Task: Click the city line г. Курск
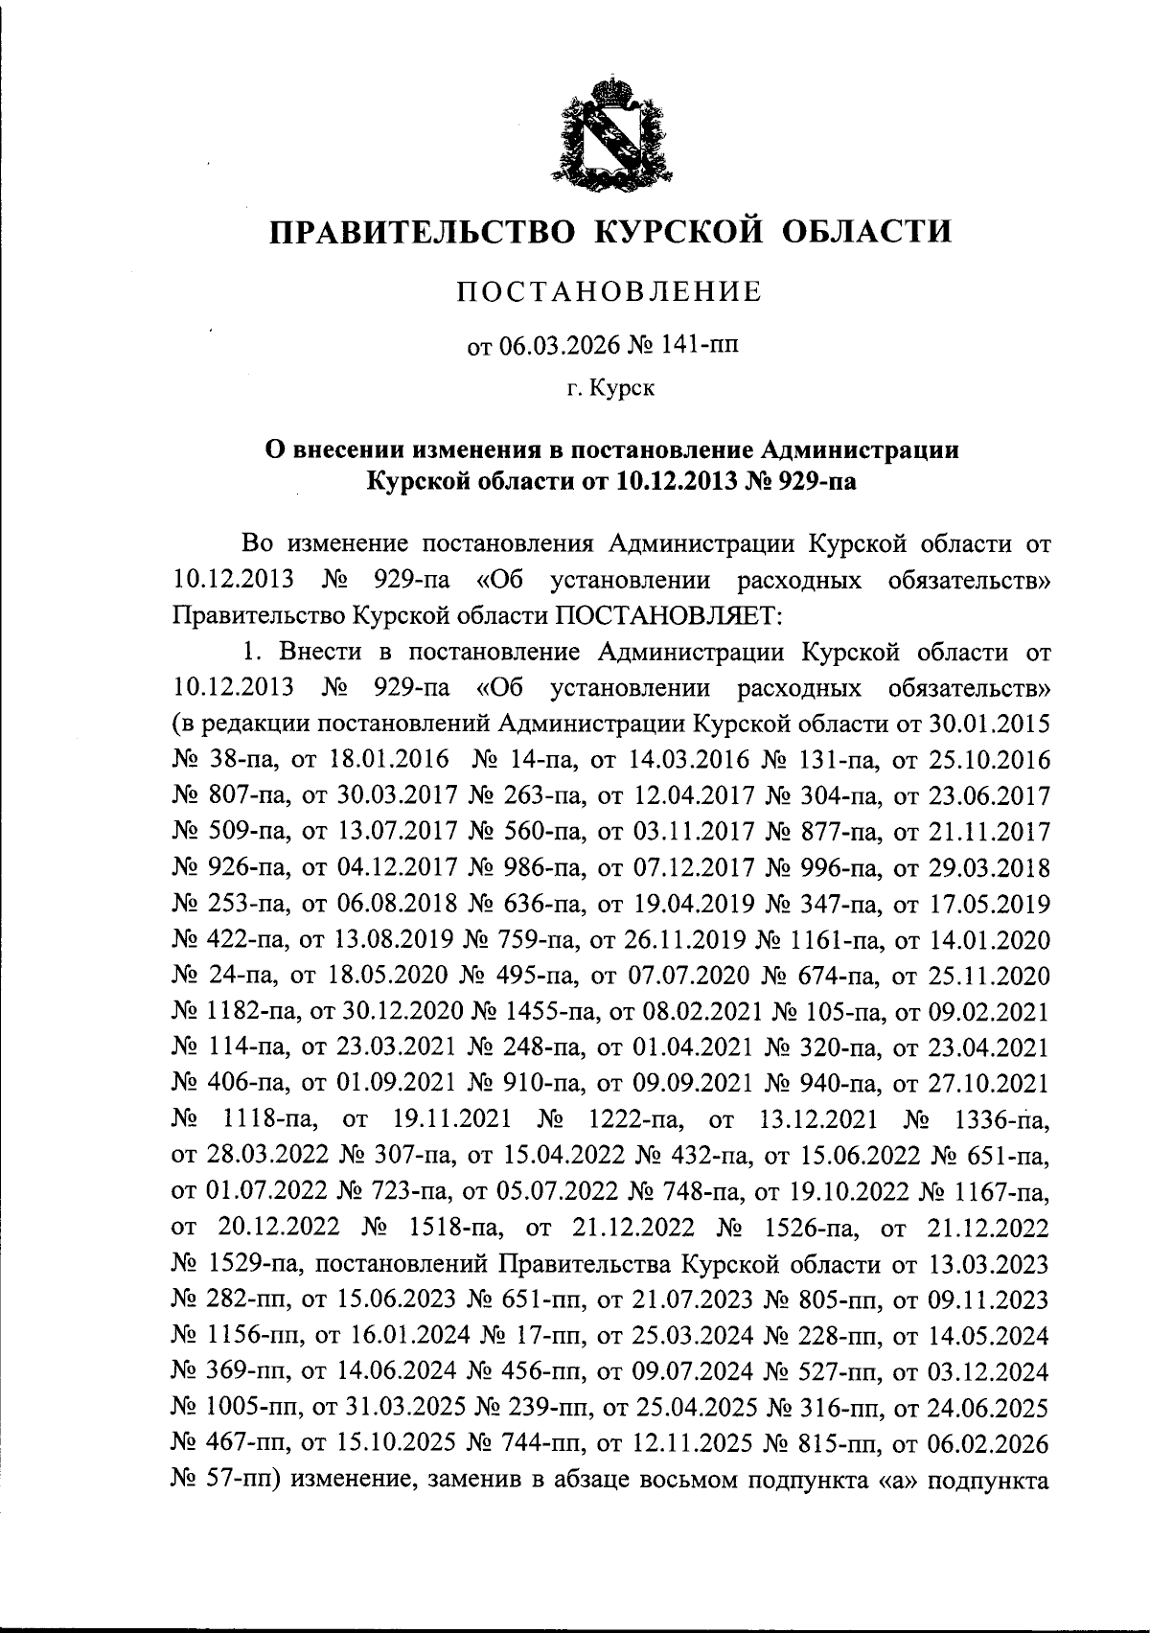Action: (609, 390)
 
